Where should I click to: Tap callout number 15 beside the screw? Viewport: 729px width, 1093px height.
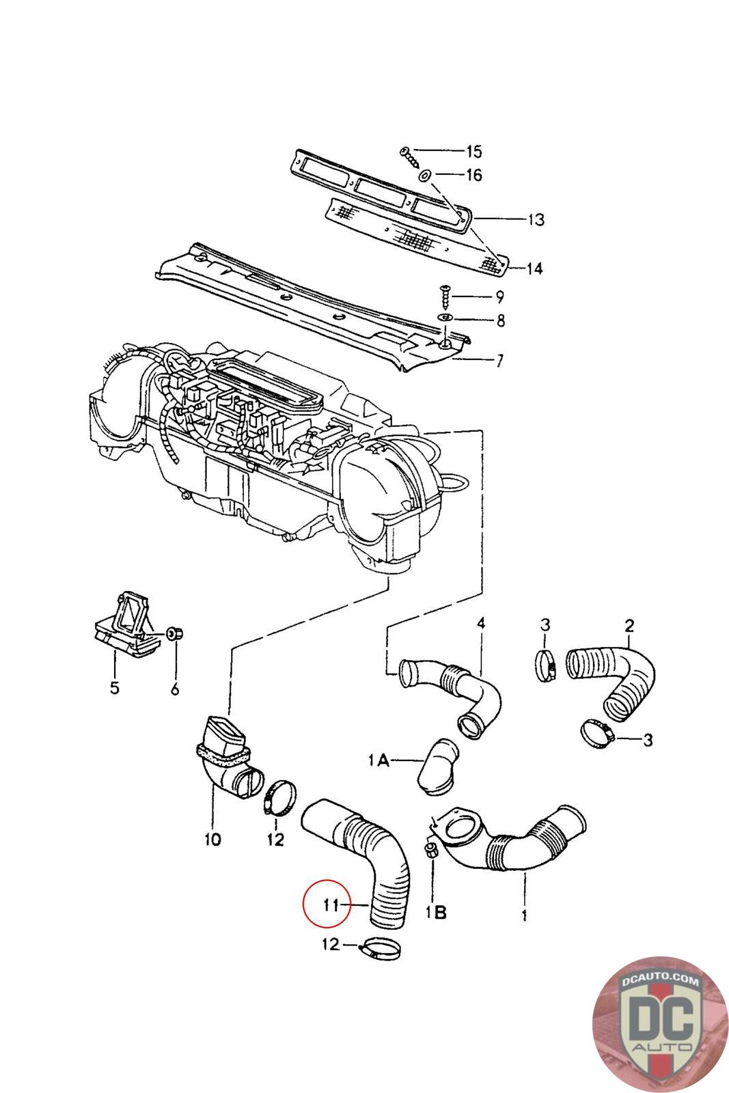pyautogui.click(x=473, y=151)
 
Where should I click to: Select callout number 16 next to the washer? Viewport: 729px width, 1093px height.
pyautogui.click(x=473, y=175)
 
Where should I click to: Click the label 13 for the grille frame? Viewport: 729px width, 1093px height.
pyautogui.click(x=536, y=219)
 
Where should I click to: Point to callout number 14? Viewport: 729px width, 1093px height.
pyautogui.click(x=534, y=268)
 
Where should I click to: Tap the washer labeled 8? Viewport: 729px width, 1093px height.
pyautogui.click(x=447, y=318)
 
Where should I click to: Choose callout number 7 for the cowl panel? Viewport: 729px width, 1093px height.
pyautogui.click(x=499, y=361)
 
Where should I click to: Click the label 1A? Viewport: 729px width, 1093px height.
pyautogui.click(x=379, y=760)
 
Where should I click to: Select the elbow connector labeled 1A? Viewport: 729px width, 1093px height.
pyautogui.click(x=438, y=766)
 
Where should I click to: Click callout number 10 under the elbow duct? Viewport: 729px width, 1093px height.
pyautogui.click(x=212, y=839)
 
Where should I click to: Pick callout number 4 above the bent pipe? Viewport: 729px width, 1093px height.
pyautogui.click(x=481, y=622)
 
